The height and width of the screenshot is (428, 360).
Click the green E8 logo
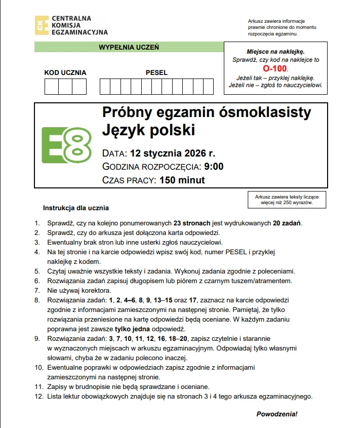(66, 145)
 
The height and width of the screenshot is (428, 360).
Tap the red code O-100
(275, 68)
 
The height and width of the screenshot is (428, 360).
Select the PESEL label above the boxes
(156, 72)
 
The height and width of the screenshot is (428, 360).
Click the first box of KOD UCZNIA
(52, 87)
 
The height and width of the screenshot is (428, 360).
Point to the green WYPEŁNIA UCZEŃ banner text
(129, 47)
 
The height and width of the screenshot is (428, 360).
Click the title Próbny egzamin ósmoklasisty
(206, 112)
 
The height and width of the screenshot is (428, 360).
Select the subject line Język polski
(148, 130)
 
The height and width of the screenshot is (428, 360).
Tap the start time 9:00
(214, 167)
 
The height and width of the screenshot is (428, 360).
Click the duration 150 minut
(182, 180)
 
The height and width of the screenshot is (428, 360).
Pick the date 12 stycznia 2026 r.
(173, 153)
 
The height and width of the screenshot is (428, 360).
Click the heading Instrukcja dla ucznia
(75, 208)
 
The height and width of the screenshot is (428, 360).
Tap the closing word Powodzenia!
(277, 414)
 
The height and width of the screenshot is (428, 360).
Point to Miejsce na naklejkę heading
(275, 52)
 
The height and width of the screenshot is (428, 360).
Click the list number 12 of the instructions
(38, 396)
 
